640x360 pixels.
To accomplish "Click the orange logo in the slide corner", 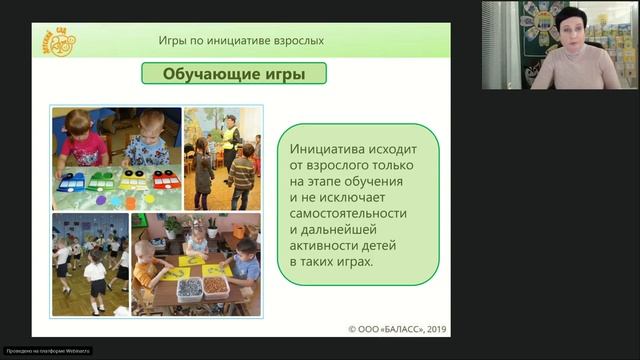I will (62, 41).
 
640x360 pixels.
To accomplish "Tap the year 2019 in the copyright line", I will (432, 327).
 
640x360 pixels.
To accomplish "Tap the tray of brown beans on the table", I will (215, 286).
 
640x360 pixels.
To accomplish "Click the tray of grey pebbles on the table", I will (187, 288).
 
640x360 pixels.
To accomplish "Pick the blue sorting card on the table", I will (72, 183).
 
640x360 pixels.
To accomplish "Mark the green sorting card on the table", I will (101, 182).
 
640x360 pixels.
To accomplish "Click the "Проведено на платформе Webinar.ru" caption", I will (47, 351).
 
